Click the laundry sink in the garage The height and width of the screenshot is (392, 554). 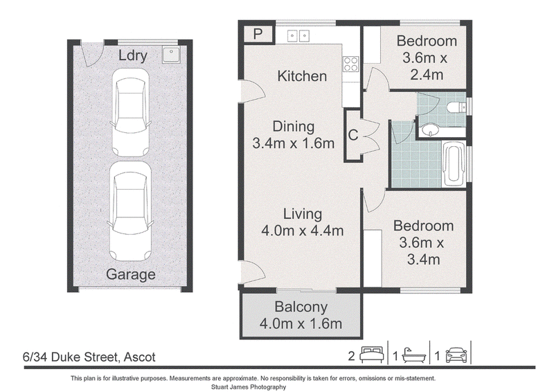[171, 55]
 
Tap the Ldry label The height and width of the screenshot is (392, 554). [132, 55]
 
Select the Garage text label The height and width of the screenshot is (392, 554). [131, 275]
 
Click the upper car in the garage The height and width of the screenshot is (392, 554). [130, 112]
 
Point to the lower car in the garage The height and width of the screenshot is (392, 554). [130, 211]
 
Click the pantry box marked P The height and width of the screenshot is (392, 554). [258, 35]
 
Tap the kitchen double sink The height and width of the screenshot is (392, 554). [298, 36]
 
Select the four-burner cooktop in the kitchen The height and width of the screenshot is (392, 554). [351, 64]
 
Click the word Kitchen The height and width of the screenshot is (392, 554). [302, 76]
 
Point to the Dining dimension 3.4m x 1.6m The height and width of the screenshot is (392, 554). [293, 143]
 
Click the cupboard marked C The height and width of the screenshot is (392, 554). [353, 135]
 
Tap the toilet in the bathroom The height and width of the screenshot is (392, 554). [456, 107]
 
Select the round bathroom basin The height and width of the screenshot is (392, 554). [430, 130]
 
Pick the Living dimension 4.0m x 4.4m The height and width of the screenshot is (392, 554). [303, 231]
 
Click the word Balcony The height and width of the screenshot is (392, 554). [301, 307]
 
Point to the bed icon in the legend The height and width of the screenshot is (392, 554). [372, 355]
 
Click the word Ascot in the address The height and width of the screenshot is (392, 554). [140, 357]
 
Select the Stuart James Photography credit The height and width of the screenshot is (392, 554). [249, 387]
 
